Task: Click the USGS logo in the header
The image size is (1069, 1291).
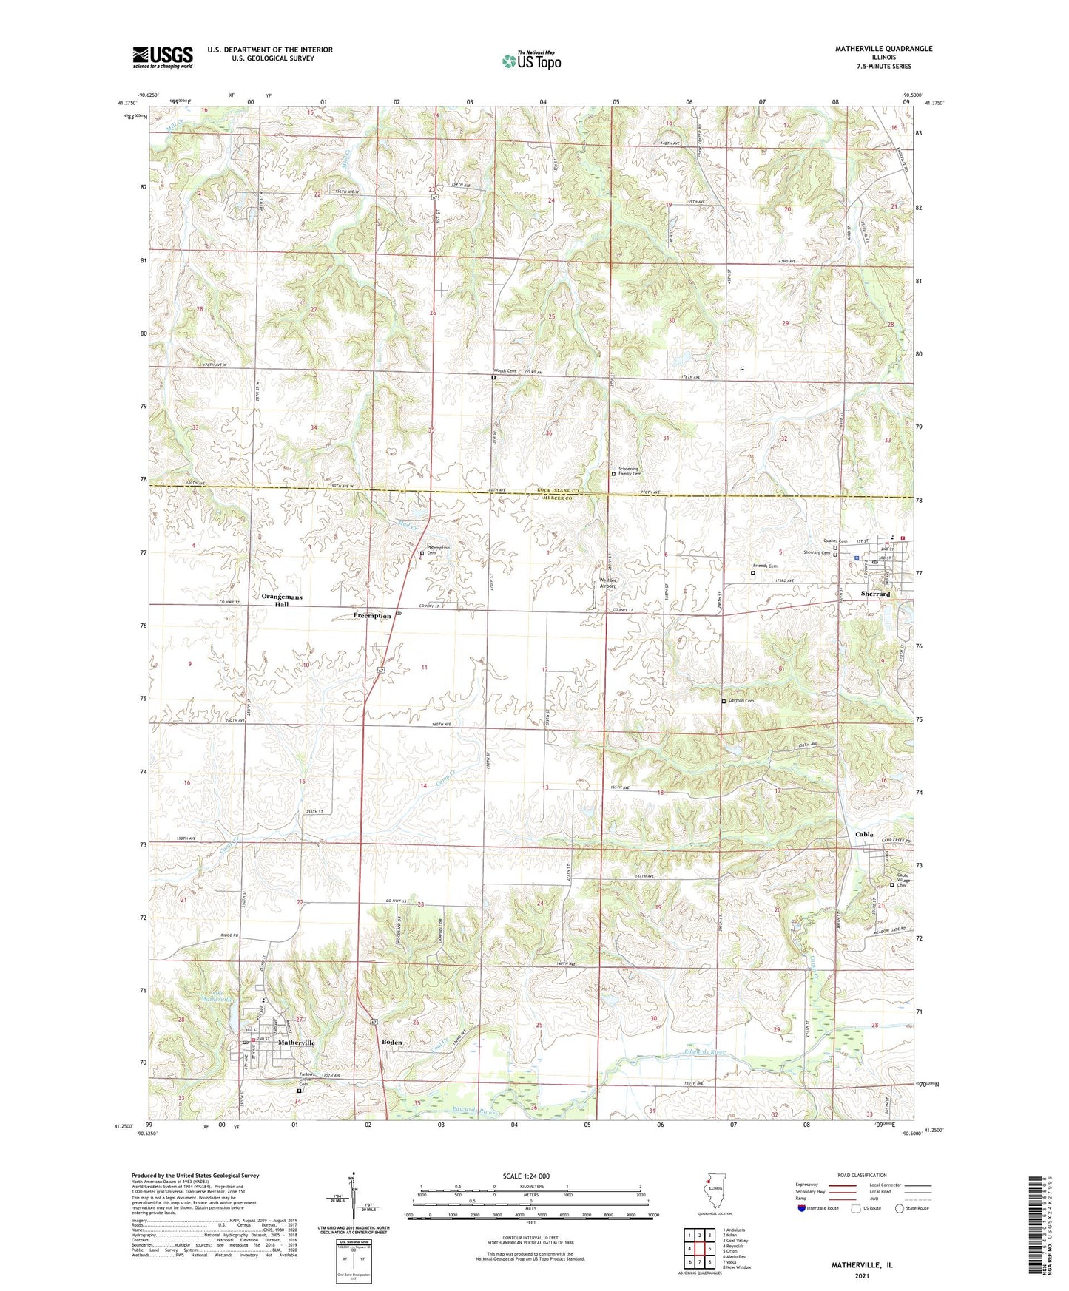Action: pos(162,57)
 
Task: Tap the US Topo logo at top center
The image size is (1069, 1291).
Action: pos(530,61)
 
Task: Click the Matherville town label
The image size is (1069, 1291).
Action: pos(296,1042)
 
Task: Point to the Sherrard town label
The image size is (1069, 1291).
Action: pos(876,594)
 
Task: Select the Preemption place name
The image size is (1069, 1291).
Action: pos(371,615)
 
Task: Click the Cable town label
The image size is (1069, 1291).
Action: pos(863,834)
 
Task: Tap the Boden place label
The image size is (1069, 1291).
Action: pos(391,1042)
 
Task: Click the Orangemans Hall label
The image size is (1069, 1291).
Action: pos(281,600)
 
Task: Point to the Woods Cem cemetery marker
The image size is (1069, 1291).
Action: pos(493,377)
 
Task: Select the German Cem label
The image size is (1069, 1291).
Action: pos(741,700)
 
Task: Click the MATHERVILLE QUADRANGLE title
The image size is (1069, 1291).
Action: pos(883,48)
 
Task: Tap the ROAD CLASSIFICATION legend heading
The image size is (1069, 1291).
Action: pos(863,1175)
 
